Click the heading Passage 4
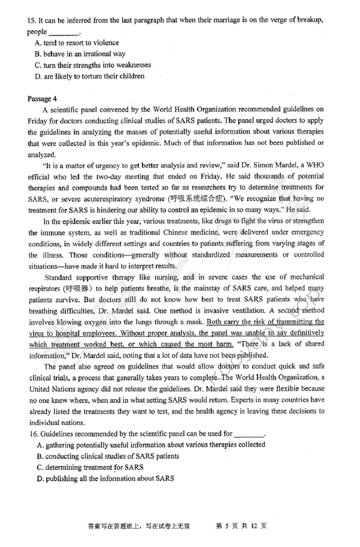[43, 99]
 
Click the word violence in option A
[105, 43]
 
